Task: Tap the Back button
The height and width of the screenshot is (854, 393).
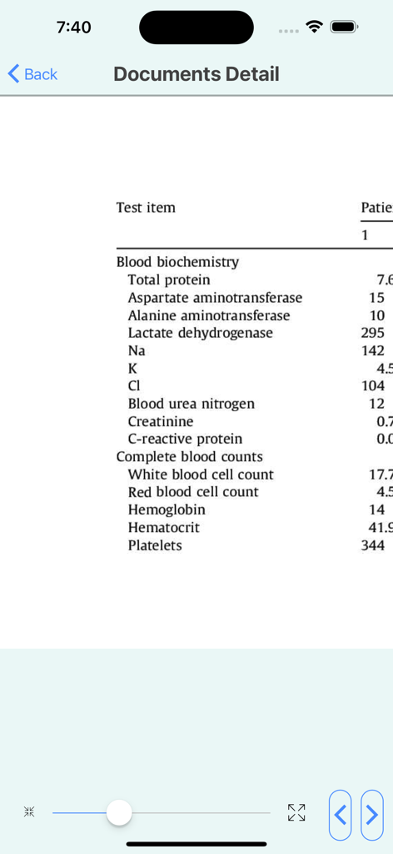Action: tap(33, 74)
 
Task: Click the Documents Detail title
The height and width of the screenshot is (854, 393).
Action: tap(196, 74)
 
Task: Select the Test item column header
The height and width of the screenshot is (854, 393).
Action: tap(146, 208)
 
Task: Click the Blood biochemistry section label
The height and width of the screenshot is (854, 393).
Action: tap(177, 262)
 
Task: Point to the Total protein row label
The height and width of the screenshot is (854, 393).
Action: tap(169, 280)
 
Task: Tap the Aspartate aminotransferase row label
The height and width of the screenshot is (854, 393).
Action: tap(215, 298)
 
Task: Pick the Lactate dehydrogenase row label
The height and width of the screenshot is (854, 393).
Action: tap(200, 333)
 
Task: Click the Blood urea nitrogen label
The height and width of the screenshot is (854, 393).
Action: tap(191, 404)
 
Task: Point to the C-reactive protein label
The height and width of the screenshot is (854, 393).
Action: tap(185, 440)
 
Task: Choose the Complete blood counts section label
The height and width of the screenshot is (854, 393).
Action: tap(189, 457)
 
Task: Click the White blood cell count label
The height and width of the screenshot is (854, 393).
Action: tap(201, 475)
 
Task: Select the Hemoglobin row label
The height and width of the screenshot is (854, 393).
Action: tap(167, 510)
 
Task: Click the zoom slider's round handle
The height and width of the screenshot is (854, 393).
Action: tap(120, 811)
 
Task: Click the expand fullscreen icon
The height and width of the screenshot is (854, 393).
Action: tap(296, 812)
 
